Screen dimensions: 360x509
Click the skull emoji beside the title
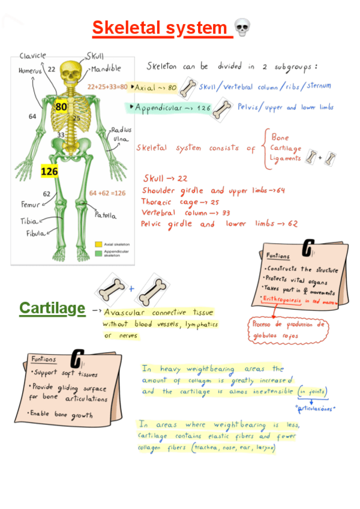(242, 27)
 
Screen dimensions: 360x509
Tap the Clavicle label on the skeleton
(32, 56)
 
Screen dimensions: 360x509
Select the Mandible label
(106, 68)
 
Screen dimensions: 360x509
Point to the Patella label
(105, 214)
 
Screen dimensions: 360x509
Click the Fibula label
(35, 233)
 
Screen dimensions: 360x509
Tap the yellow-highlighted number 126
(49, 172)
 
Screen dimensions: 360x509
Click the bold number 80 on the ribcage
(61, 107)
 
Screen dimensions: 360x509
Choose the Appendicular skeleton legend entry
(118, 253)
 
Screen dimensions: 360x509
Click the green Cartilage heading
(52, 309)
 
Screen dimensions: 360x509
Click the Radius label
(121, 130)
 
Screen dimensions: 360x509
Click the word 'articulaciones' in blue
(317, 408)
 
